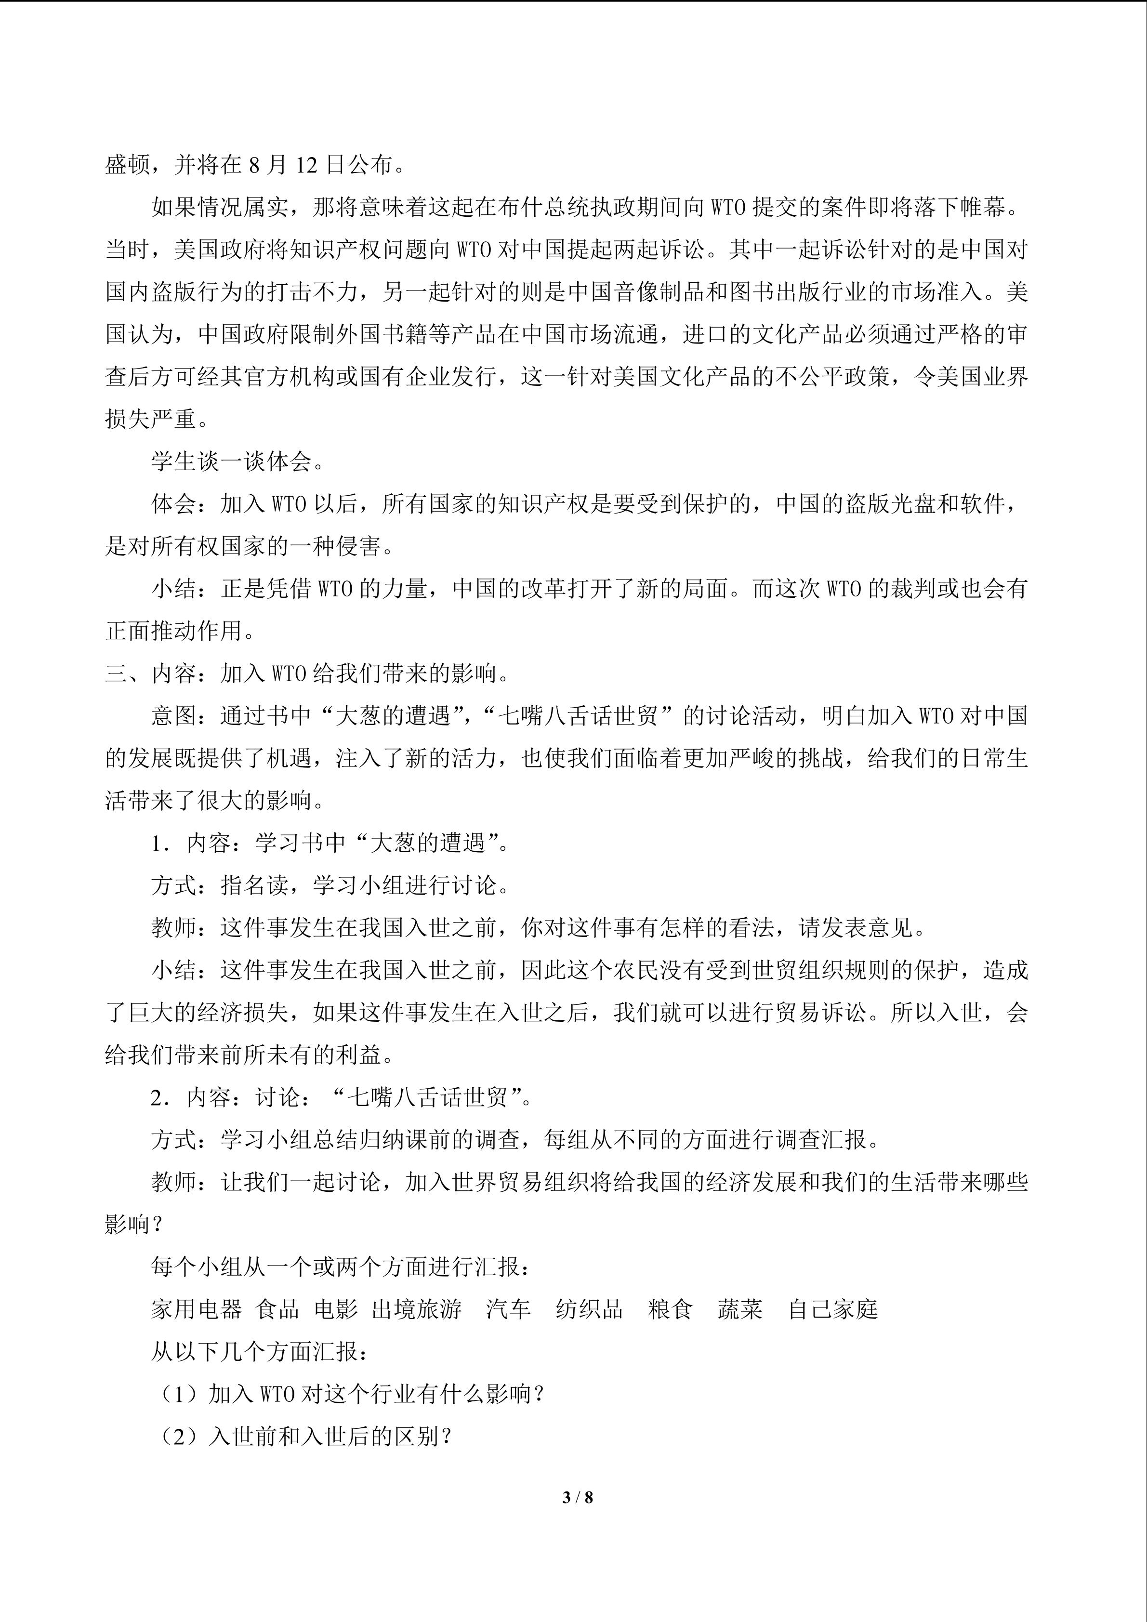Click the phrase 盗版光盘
(890, 504)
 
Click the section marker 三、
(127, 674)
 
